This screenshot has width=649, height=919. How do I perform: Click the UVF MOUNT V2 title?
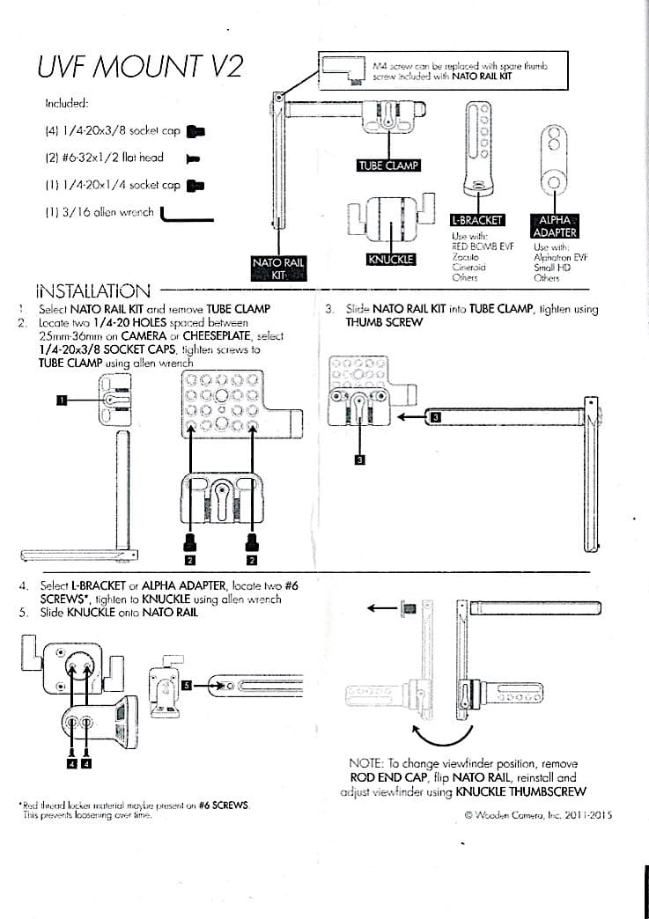140,67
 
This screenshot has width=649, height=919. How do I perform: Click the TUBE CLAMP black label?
388,165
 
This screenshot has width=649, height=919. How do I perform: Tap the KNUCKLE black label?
390,260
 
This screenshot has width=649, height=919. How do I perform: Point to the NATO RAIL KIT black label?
278,268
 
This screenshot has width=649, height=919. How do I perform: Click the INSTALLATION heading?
92,290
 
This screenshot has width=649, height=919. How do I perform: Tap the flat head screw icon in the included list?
194,159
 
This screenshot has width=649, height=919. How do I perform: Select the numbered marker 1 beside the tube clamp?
62,400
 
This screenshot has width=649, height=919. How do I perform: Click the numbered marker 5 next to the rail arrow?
187,683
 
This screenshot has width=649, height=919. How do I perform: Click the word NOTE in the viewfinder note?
365,763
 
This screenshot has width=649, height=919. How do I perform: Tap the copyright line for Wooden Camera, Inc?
537,815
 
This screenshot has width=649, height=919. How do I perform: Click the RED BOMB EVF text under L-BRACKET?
482,246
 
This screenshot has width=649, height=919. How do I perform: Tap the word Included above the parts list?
67,103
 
